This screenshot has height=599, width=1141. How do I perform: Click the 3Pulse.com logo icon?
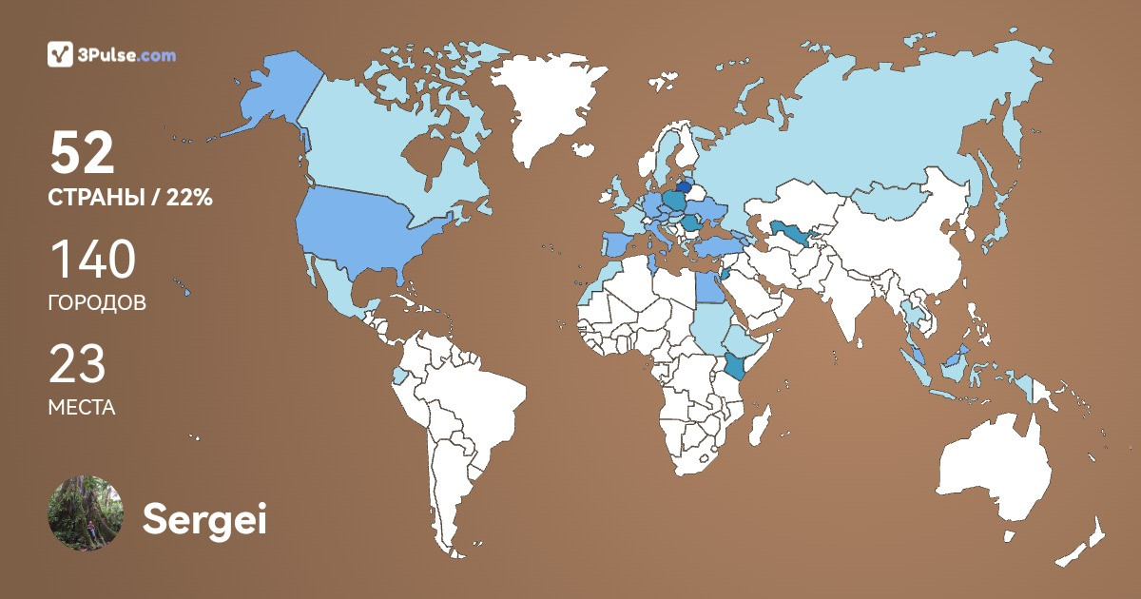(60, 54)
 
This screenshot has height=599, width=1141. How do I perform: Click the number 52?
(83, 153)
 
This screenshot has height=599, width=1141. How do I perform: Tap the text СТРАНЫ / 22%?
(130, 199)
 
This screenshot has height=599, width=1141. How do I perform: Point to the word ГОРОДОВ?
(97, 304)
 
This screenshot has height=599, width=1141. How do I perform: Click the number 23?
(77, 364)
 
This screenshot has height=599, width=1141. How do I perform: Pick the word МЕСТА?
(82, 408)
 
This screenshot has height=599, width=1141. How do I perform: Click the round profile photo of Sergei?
(86, 513)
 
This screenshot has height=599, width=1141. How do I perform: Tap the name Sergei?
(204, 519)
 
